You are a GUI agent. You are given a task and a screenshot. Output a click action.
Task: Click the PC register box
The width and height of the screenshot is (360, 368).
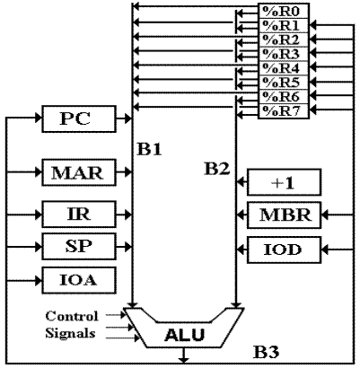(79, 118)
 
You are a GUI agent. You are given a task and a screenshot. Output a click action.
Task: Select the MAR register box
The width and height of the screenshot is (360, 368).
(79, 172)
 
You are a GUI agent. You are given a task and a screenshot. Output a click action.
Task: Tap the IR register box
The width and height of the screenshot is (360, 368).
(79, 215)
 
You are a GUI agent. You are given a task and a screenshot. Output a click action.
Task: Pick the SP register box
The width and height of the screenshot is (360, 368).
(79, 246)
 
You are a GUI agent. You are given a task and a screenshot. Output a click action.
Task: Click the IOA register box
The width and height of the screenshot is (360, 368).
(79, 280)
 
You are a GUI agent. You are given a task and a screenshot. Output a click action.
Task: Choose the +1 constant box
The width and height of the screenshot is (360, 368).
(284, 182)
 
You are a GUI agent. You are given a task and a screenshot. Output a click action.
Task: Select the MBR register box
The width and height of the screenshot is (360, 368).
(284, 215)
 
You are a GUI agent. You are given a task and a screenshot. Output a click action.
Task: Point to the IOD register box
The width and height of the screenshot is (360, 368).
(284, 250)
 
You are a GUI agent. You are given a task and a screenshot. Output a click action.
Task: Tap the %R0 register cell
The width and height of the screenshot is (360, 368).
(284, 12)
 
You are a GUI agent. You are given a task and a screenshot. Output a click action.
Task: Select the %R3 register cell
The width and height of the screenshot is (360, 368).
(284, 54)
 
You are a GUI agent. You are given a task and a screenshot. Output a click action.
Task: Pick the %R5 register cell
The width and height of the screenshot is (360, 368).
(284, 83)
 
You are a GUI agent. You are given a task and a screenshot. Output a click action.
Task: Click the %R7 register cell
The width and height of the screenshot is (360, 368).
(284, 111)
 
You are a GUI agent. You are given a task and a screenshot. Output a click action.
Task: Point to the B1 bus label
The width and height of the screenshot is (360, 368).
(149, 149)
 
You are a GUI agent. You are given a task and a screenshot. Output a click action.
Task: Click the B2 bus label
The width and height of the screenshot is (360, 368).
(217, 169)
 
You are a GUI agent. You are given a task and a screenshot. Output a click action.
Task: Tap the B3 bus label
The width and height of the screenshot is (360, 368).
(267, 352)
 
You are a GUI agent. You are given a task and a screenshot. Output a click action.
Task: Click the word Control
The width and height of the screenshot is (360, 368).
(72, 316)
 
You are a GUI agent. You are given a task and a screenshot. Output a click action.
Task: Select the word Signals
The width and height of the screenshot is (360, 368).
(70, 333)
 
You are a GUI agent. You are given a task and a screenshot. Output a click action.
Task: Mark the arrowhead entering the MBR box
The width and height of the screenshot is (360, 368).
(325, 215)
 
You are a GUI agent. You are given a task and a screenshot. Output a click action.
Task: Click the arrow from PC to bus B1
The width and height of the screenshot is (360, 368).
(124, 118)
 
